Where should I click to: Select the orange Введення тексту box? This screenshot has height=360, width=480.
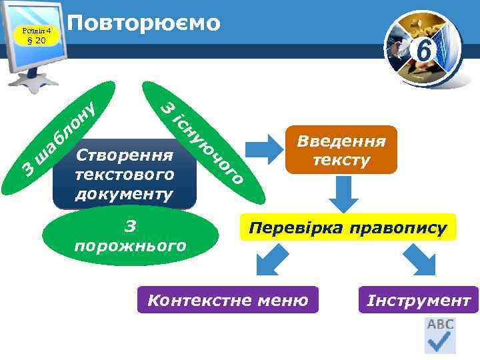(341, 150)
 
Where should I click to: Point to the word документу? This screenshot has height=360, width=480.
(125, 193)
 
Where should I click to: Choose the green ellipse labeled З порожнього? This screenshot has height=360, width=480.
(131, 237)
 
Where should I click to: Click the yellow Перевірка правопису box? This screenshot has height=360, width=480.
(347, 228)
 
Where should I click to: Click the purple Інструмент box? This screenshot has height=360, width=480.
(418, 300)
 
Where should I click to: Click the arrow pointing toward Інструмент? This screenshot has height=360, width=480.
(420, 262)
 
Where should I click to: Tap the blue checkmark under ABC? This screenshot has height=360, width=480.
(440, 343)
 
